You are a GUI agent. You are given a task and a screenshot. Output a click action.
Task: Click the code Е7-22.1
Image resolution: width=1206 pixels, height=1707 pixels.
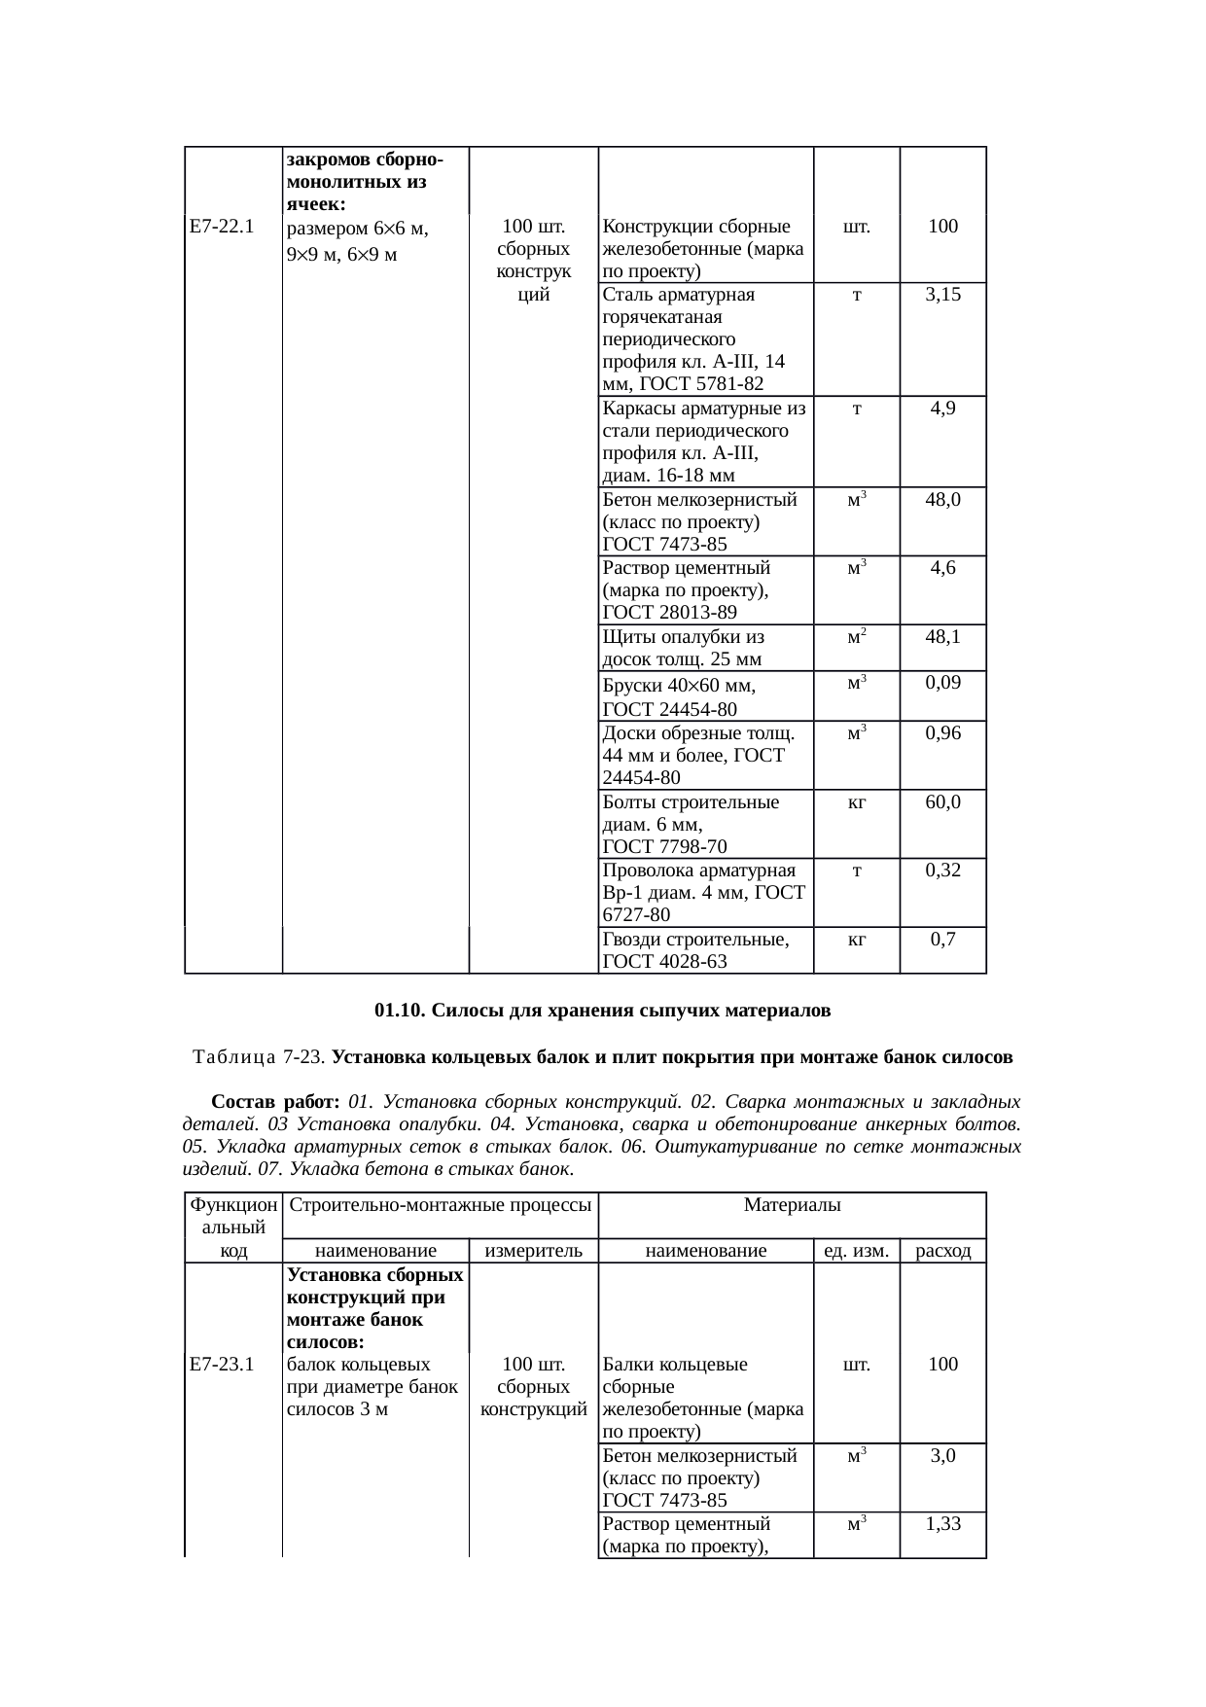222,228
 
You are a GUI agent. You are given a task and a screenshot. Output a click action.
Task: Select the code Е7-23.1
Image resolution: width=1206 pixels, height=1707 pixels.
222,1365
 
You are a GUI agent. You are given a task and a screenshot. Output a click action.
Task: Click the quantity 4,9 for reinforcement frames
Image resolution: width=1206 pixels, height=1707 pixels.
942,409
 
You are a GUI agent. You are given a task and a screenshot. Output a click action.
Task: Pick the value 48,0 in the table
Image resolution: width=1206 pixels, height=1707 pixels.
942,500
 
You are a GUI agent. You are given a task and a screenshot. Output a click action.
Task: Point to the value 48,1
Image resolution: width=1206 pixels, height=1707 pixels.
942,637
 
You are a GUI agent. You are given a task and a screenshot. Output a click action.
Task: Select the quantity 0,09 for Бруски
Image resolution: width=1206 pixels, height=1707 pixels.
942,683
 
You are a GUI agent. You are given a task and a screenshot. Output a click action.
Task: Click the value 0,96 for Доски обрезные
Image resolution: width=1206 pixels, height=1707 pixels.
942,733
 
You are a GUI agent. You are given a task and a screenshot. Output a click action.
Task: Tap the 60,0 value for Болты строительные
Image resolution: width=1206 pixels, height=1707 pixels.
942,802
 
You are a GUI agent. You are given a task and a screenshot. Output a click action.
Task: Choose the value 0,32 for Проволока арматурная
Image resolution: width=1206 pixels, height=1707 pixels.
942,871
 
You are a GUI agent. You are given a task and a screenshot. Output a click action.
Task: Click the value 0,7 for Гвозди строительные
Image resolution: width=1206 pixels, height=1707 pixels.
942,940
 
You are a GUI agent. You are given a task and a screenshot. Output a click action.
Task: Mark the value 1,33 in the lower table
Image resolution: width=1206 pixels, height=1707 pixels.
942,1524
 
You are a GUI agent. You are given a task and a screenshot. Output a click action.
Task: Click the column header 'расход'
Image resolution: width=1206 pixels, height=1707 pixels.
943,1251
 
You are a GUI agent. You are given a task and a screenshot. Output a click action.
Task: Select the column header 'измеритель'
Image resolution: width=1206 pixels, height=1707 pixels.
533,1251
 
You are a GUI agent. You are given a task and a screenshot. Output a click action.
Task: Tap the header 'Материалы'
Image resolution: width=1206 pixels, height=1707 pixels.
792,1206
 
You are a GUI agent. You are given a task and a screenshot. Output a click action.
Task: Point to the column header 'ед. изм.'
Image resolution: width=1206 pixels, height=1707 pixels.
856,1251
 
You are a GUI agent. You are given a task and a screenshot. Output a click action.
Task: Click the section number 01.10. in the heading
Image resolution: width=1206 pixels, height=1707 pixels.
400,1012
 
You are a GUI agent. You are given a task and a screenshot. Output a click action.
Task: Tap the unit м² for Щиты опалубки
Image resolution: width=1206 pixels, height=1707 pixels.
856,637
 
